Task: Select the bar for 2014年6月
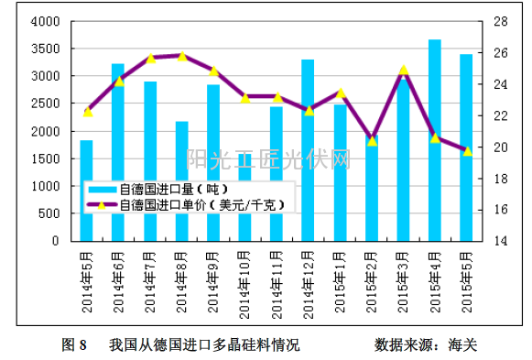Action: pos(118,152)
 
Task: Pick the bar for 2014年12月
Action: pos(308,150)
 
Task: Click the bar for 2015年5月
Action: pos(466,147)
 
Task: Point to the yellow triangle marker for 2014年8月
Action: pos(181,56)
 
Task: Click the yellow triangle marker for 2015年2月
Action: pos(372,141)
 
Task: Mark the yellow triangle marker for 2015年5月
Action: pos(467,150)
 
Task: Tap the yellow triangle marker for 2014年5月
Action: pos(87,112)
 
